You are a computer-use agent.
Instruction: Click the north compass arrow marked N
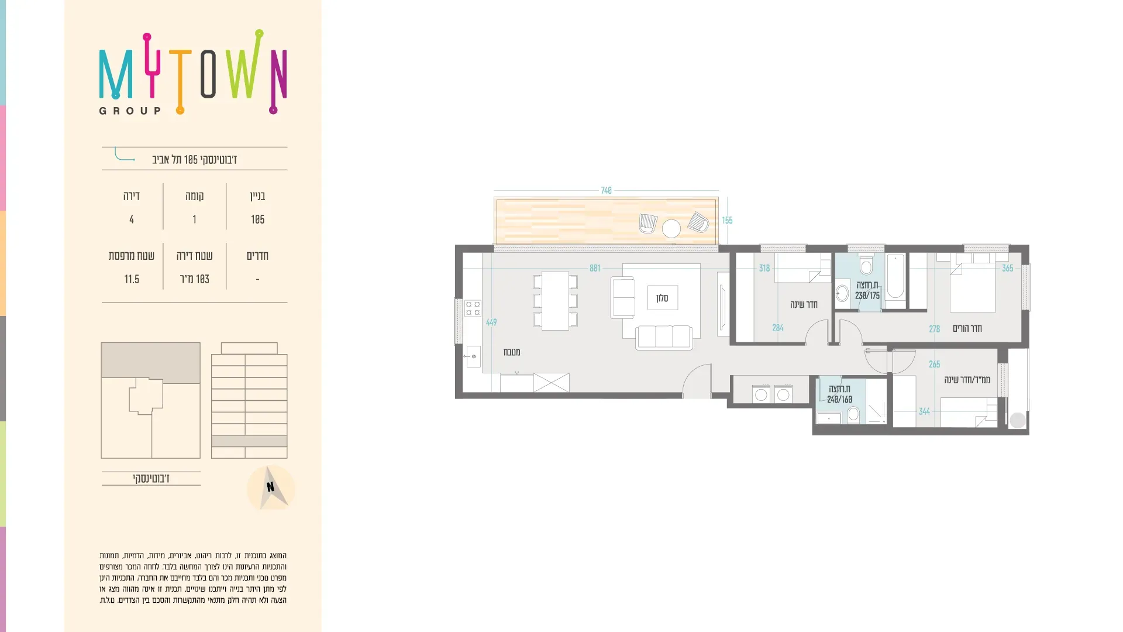(271, 487)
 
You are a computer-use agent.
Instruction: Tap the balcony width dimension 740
(606, 191)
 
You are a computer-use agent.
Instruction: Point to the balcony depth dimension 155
(727, 221)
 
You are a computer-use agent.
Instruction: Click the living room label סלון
(662, 298)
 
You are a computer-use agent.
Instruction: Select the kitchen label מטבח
(512, 352)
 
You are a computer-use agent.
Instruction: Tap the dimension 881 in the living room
(595, 269)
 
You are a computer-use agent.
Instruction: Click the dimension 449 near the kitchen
(491, 322)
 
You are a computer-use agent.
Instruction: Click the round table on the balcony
(671, 228)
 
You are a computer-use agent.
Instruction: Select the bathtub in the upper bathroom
(895, 277)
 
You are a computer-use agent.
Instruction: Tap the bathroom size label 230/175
(867, 296)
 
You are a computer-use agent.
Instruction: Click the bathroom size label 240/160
(839, 400)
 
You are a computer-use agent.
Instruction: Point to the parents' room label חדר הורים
(967, 329)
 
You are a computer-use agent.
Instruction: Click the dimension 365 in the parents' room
(1008, 269)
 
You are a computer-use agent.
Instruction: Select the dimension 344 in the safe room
(924, 412)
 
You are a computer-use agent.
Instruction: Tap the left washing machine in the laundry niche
(761, 394)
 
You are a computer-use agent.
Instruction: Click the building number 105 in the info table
(257, 219)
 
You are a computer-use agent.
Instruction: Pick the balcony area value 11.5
(132, 279)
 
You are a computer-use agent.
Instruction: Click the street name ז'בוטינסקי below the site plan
(151, 479)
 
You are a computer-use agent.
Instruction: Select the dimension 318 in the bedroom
(764, 269)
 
